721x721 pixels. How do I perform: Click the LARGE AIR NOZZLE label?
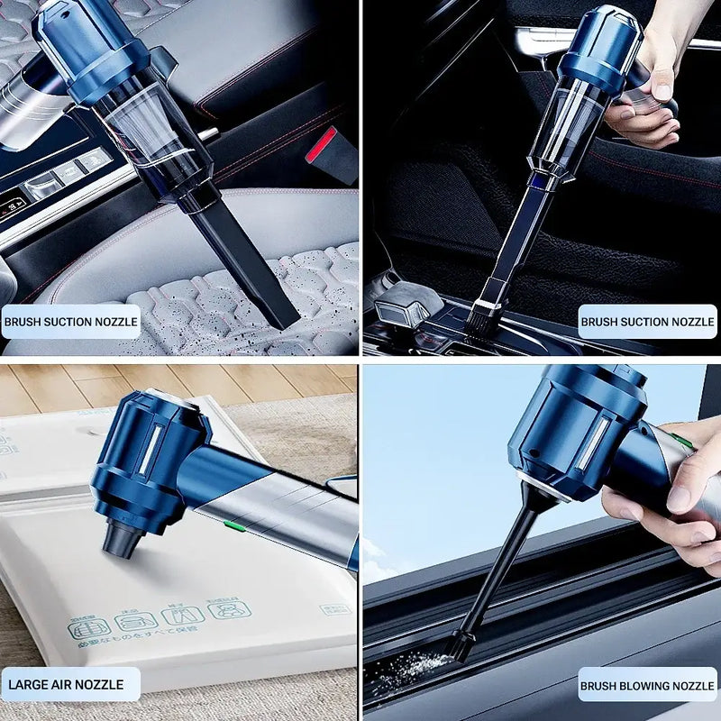tap(70, 684)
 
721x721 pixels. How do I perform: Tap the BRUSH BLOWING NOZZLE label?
tap(647, 684)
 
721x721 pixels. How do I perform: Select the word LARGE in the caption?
tap(28, 685)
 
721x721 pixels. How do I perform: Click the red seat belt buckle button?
tap(321, 144)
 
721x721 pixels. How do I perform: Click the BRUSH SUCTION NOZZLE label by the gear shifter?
tap(647, 321)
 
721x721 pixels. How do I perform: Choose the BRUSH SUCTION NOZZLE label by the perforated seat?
tap(70, 321)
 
